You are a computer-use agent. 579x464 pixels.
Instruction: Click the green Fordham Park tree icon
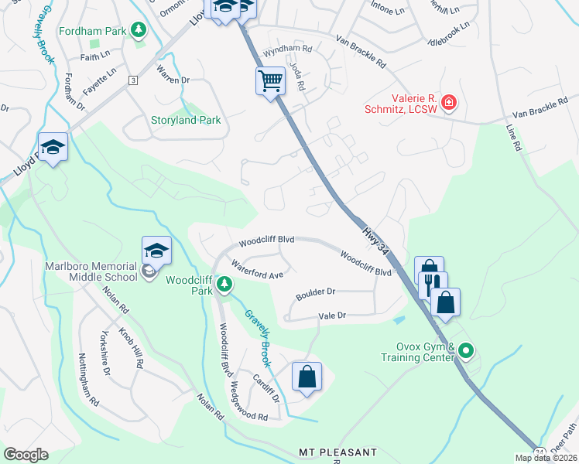139,30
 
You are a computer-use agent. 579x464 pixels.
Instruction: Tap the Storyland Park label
185,120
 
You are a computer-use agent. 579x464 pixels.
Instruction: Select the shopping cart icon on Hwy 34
271,80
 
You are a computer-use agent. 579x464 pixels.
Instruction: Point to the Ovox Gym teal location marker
466,351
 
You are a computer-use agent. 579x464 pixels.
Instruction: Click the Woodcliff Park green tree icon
224,285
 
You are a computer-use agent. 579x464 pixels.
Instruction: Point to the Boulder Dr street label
315,294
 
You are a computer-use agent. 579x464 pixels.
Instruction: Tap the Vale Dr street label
331,316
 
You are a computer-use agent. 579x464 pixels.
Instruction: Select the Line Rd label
512,137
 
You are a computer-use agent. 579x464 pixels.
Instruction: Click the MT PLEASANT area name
337,452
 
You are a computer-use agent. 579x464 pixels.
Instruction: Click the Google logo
26,455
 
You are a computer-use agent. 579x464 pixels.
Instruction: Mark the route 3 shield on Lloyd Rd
133,80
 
